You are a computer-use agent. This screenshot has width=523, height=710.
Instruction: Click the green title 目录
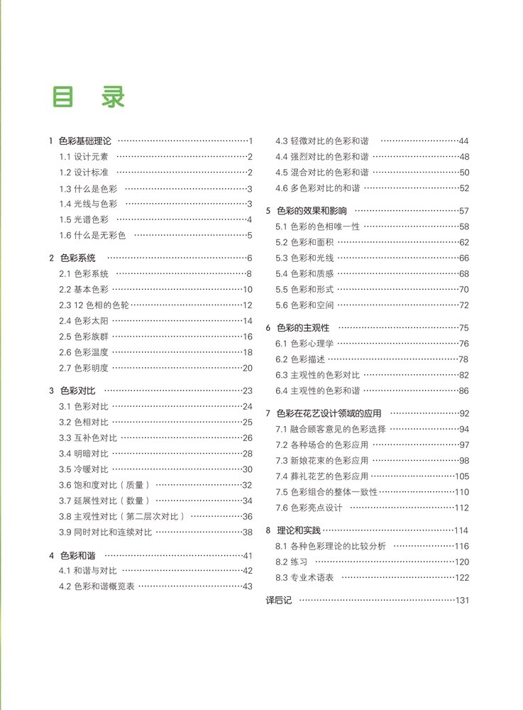[89, 97]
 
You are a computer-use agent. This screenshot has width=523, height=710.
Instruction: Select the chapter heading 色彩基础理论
[85, 141]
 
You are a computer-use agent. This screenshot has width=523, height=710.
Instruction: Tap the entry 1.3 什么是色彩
[88, 188]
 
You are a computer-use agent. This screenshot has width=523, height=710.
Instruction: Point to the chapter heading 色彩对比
[77, 390]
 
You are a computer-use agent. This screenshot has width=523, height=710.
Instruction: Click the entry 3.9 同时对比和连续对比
[105, 532]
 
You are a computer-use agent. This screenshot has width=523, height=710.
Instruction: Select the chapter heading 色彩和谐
[77, 555]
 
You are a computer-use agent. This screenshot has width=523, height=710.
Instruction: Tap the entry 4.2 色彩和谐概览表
[97, 586]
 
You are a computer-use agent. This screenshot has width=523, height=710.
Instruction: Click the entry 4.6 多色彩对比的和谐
[318, 188]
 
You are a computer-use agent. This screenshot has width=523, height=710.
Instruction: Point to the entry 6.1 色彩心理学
[304, 344]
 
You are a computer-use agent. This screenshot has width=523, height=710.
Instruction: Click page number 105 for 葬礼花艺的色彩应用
[462, 476]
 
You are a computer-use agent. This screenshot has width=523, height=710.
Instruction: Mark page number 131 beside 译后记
[463, 601]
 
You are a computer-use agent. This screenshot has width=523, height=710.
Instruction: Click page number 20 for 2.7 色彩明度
[248, 368]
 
